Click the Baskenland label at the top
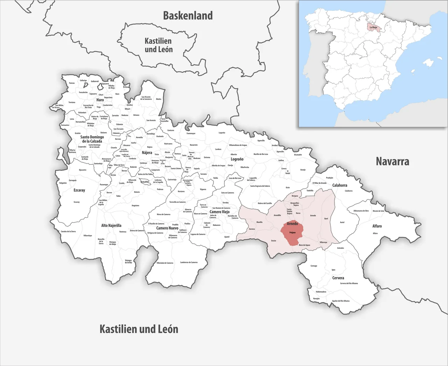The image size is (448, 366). tap(188, 16)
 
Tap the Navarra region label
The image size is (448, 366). tap(392, 161)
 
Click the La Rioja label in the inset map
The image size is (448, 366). tap(373, 27)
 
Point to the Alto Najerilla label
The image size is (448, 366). tap(111, 225)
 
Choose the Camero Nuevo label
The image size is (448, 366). tap(167, 228)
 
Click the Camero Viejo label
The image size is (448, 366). tap(219, 212)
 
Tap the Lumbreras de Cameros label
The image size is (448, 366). tap(189, 263)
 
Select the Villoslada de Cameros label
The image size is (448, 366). tap(165, 263)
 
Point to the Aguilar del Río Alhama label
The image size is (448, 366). tap(341, 301)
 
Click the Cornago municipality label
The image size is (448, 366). tap(314, 266)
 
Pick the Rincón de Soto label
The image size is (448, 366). tap(378, 211)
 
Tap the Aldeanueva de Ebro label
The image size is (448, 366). tap(361, 211)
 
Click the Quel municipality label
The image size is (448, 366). tap(326, 218)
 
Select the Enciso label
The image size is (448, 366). tap(274, 241)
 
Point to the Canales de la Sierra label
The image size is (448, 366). tap(68, 231)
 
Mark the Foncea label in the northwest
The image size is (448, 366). tap(72, 83)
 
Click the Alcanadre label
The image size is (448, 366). tap(298, 155)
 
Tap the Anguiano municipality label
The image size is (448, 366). tap(135, 206)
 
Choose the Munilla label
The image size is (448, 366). tap(259, 222)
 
